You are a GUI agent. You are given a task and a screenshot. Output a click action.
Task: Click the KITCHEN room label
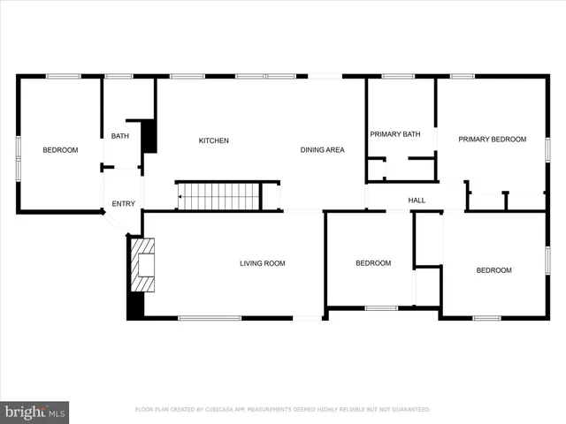213,140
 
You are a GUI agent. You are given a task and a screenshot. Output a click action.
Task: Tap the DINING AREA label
322,149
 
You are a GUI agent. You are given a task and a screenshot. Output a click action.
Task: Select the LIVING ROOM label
263,262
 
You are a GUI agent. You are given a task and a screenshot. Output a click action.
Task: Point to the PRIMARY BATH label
394,134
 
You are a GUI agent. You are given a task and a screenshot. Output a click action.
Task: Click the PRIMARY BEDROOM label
492,139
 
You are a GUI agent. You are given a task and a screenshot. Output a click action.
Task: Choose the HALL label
417,201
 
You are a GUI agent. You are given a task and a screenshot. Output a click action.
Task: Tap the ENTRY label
124,204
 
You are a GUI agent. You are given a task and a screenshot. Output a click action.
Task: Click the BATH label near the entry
119,135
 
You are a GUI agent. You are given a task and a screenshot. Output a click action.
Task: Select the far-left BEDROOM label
60,150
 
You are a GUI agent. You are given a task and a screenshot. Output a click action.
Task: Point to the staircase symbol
218,196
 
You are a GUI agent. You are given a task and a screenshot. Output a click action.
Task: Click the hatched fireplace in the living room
142,265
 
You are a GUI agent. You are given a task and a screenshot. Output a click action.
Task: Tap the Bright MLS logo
35,412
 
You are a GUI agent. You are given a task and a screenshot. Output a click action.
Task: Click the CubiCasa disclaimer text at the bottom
282,410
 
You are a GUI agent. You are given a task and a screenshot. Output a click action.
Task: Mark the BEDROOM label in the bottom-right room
493,269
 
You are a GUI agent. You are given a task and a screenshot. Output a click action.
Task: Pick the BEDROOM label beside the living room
373,262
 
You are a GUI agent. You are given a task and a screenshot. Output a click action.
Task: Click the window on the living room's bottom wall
210,318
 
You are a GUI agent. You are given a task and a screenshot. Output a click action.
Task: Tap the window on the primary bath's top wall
398,77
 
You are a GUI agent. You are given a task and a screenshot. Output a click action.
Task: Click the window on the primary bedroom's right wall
547,149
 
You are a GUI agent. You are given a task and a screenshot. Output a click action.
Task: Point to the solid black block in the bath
149,136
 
